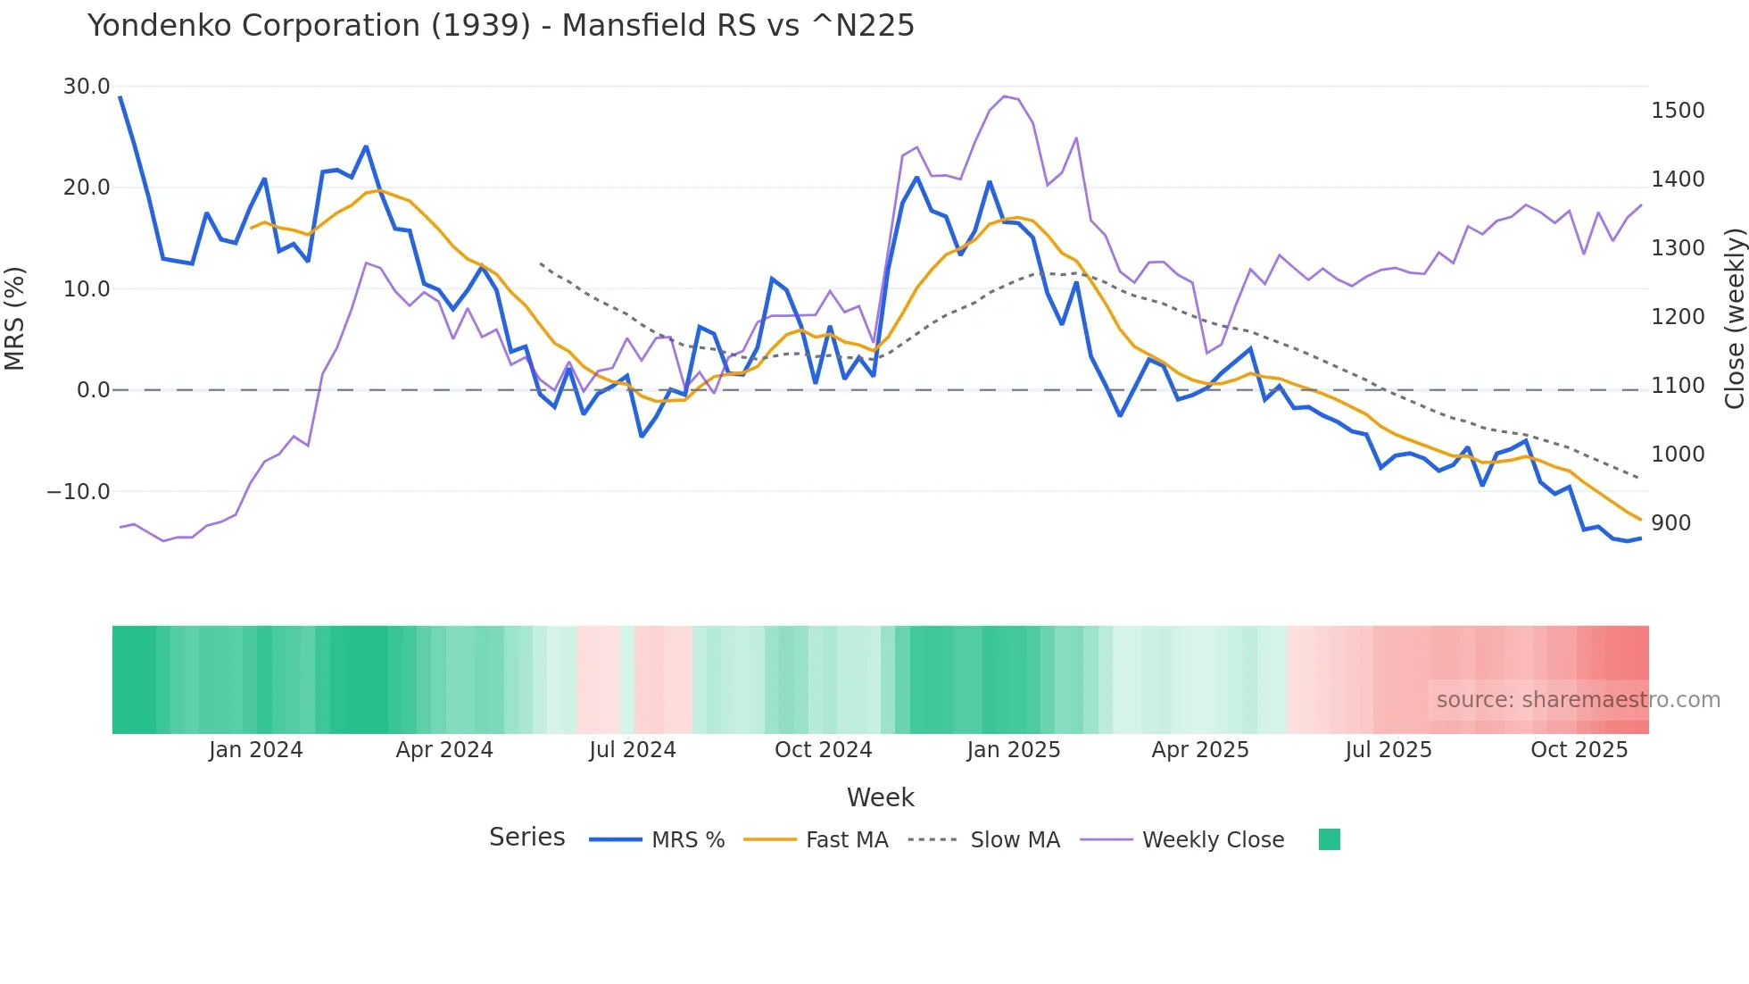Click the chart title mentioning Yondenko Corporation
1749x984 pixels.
501,26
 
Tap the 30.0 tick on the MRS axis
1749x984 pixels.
87,87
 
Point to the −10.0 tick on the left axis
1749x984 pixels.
79,492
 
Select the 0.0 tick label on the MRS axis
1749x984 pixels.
94,390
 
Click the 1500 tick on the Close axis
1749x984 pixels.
1678,111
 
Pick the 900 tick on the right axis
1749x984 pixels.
1670,523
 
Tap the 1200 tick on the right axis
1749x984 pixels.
1678,317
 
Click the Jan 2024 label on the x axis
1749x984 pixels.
256,750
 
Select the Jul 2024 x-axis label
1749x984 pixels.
633,750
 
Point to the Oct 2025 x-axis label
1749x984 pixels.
1579,750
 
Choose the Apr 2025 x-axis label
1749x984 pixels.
1200,750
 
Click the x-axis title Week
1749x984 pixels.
880,797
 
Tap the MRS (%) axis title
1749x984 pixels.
15,319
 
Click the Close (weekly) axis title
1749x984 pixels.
1734,319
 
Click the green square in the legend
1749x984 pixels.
1329,839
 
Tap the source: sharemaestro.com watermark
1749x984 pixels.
1578,700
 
